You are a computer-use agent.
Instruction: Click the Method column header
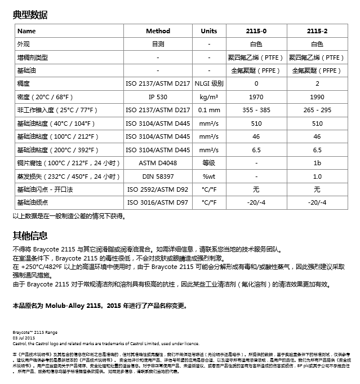pyautogui.click(x=158, y=31)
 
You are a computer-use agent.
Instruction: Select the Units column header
pyautogui.click(x=208, y=31)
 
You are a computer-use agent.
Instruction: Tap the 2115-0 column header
pyautogui.click(x=256, y=31)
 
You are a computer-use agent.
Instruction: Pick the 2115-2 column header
pyautogui.click(x=317, y=31)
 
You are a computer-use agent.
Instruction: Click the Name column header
pyautogui.click(x=26, y=31)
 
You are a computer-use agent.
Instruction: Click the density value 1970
pyautogui.click(x=256, y=97)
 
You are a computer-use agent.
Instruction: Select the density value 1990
pyautogui.click(x=317, y=97)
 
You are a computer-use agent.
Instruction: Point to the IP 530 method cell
pyautogui.click(x=158, y=97)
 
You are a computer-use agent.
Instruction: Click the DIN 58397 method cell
pyautogui.click(x=158, y=176)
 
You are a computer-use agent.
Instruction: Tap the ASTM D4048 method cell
pyautogui.click(x=158, y=163)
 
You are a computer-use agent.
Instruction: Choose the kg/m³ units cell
pyautogui.click(x=208, y=97)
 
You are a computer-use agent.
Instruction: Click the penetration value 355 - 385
pyautogui.click(x=256, y=110)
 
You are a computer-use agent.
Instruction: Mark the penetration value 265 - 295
pyautogui.click(x=317, y=110)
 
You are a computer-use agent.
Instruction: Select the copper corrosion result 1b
pyautogui.click(x=317, y=163)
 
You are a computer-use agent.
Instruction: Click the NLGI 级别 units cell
pyautogui.click(x=208, y=83)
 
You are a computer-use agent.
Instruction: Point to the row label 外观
pyautogui.click(x=23, y=44)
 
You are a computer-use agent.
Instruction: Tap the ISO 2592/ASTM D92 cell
pyautogui.click(x=158, y=189)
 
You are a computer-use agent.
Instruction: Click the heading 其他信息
pyautogui.click(x=30, y=235)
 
